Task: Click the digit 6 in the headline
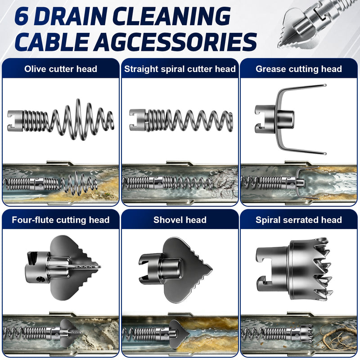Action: (22, 16)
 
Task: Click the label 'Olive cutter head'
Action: (61, 69)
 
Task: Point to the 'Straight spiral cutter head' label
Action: (180, 69)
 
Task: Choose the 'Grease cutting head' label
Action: (299, 69)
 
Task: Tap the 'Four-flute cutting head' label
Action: (61, 220)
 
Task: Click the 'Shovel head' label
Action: (180, 220)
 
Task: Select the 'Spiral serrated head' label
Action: (299, 220)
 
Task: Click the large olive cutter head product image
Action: (61, 120)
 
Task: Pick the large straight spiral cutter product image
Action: (181, 120)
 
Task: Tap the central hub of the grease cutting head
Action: (285, 119)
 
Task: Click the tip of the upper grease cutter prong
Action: (325, 85)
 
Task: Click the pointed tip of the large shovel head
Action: (211, 269)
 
